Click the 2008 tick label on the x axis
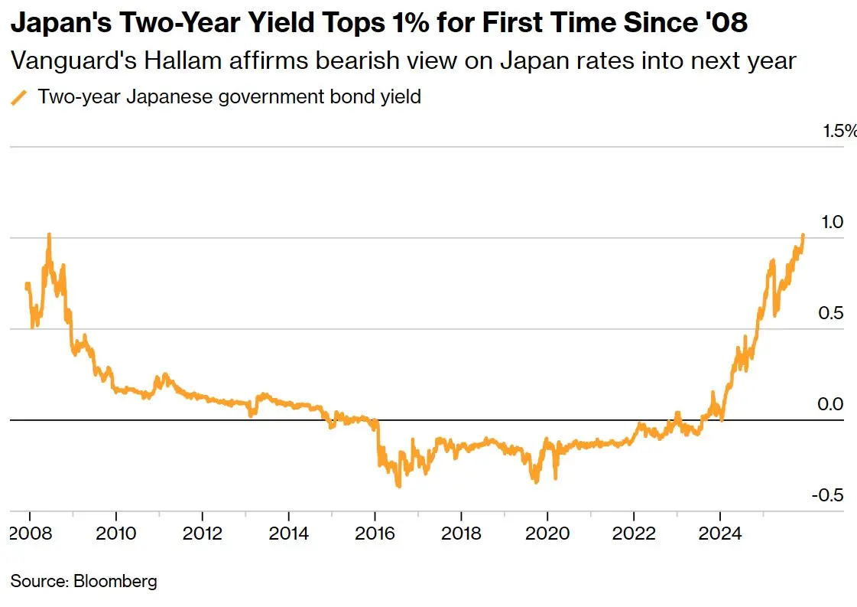(30, 534)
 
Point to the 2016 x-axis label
(375, 534)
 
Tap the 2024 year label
(720, 534)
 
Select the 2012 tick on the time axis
(202, 534)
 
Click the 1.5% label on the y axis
(839, 131)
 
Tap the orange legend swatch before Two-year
(20, 97)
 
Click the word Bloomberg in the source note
(115, 581)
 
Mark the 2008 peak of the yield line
(49, 234)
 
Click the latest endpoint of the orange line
(803, 235)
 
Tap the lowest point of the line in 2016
(398, 485)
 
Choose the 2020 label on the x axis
(547, 534)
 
